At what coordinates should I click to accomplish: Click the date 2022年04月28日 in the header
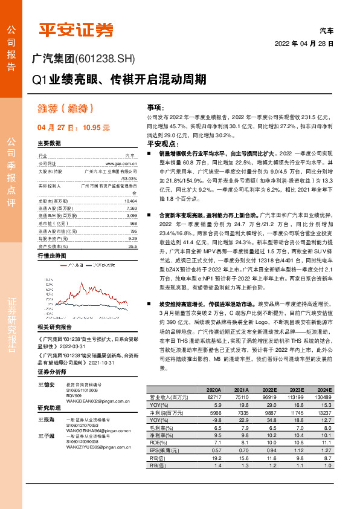click(304, 44)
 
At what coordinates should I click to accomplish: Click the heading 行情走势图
click(50, 256)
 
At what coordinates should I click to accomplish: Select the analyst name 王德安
click(46, 384)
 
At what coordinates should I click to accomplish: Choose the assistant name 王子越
click(46, 436)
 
